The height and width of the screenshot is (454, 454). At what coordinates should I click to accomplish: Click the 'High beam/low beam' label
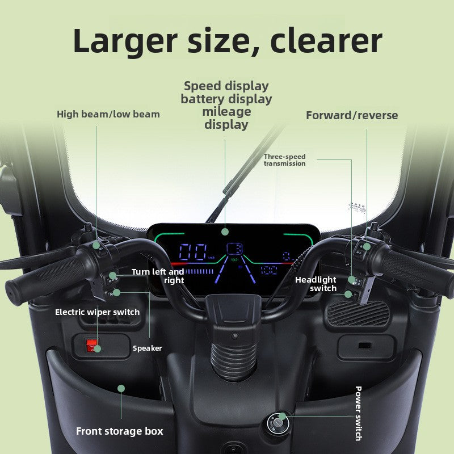point(108,115)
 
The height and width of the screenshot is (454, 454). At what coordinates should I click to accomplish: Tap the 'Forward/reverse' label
point(352,115)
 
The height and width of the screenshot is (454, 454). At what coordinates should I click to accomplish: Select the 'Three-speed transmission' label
point(285,160)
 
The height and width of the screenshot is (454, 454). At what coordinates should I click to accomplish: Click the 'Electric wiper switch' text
point(97,312)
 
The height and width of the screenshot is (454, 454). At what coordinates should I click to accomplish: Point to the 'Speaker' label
point(147,348)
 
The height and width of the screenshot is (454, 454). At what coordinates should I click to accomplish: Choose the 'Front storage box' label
point(120,431)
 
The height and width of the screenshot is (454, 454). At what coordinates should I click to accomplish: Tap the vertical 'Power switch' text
point(359,414)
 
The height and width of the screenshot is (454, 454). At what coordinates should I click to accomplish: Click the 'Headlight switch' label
point(316,284)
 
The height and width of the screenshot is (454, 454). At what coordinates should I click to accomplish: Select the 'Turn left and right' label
point(158,276)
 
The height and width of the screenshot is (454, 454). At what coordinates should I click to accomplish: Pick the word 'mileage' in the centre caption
point(226,112)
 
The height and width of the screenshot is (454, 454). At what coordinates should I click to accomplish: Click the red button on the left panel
point(91,346)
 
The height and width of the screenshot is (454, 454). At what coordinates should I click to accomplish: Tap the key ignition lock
point(278,424)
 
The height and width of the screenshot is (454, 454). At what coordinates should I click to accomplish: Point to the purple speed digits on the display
point(193,251)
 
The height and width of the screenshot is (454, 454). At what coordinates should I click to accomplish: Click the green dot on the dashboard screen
point(225,232)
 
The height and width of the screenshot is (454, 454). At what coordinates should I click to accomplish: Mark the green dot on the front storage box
point(121,388)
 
